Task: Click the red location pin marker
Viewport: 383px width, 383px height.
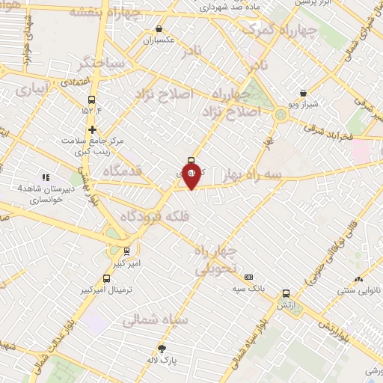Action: [x=191, y=177]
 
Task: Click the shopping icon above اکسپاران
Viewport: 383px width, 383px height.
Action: [x=158, y=30]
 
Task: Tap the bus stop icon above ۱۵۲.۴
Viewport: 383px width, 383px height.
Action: [x=92, y=99]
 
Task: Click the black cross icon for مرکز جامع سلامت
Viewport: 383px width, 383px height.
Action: [x=92, y=129]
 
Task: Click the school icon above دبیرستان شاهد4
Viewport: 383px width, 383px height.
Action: [x=46, y=177]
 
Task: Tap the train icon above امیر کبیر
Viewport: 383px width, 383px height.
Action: [x=127, y=251]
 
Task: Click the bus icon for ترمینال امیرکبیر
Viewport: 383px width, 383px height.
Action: [x=107, y=278]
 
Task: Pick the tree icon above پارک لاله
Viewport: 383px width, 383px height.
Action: [x=162, y=348]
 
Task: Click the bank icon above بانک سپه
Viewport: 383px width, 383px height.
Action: [x=248, y=277]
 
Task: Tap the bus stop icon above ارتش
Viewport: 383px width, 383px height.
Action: [x=285, y=294]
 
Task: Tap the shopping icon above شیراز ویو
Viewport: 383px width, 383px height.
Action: [x=303, y=94]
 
